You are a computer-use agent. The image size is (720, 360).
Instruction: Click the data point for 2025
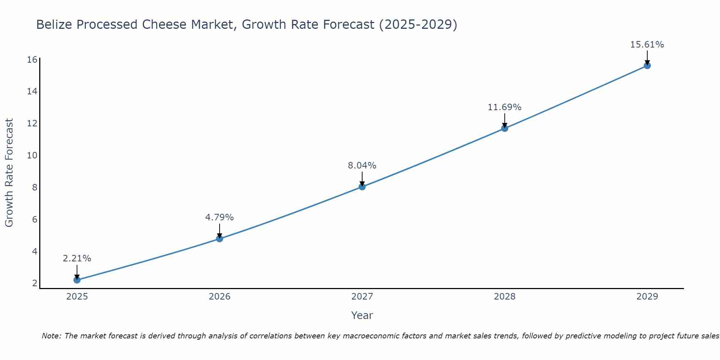[x=77, y=280]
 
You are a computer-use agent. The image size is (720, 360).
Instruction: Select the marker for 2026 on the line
[x=219, y=238]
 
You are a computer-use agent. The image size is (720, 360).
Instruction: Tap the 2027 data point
[x=362, y=186]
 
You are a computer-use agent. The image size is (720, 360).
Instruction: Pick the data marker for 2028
[x=504, y=128]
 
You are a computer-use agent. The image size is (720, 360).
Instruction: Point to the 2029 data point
[x=647, y=66]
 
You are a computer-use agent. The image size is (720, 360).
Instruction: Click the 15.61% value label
[x=647, y=45]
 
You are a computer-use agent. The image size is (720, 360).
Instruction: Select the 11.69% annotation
[x=504, y=107]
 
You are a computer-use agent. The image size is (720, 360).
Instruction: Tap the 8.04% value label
[x=362, y=166]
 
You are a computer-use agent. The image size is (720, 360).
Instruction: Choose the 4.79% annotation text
[x=219, y=217]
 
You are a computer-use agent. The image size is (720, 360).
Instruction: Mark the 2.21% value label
[x=77, y=258]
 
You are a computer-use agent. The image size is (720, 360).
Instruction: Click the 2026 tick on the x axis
[x=220, y=297]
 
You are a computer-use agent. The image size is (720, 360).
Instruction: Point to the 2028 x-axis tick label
[x=504, y=297]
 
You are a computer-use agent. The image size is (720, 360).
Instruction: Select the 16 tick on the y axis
[x=32, y=59]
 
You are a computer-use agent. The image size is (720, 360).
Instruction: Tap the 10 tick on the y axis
[x=32, y=155]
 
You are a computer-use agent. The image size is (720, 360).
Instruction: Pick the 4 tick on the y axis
[x=35, y=251]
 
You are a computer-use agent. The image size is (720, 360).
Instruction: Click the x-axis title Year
[x=362, y=315]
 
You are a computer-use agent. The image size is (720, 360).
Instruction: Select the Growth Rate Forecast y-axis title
[x=9, y=172]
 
